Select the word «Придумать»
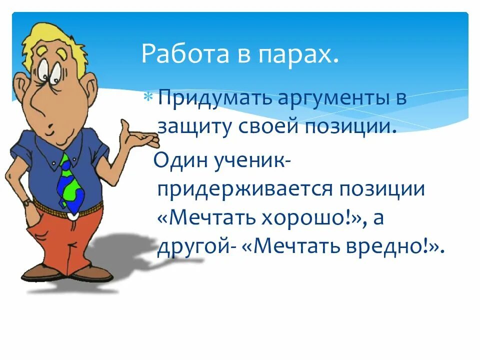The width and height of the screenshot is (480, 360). point(209,98)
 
